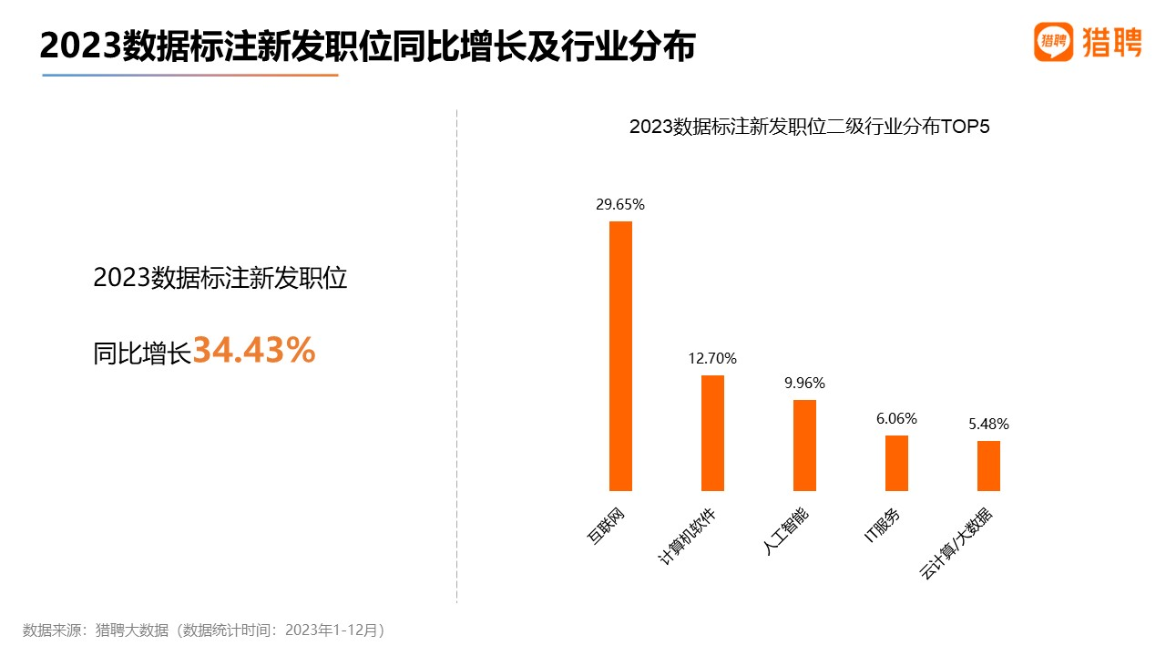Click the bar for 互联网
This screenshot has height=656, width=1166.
[x=620, y=356]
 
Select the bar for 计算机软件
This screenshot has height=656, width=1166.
[x=712, y=433]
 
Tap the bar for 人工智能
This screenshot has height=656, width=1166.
[x=804, y=445]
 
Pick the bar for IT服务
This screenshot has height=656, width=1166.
[x=896, y=463]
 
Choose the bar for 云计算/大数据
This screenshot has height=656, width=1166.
[x=988, y=466]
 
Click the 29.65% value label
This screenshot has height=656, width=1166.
[x=620, y=205]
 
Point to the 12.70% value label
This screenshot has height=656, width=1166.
[x=712, y=359]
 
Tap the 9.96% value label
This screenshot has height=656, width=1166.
[x=804, y=384]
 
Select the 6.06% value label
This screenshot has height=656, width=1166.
[x=896, y=419]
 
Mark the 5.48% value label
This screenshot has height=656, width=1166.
[x=988, y=425]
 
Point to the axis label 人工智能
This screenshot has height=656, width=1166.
[x=786, y=530]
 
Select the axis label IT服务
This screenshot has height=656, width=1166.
[x=883, y=526]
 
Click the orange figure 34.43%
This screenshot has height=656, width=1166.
[x=254, y=351]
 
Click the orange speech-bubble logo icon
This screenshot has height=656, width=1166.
[x=1054, y=42]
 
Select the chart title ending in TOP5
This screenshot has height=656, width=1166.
[x=809, y=128]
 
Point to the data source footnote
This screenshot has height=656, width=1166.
[x=204, y=630]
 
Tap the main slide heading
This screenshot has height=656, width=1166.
[x=367, y=46]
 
